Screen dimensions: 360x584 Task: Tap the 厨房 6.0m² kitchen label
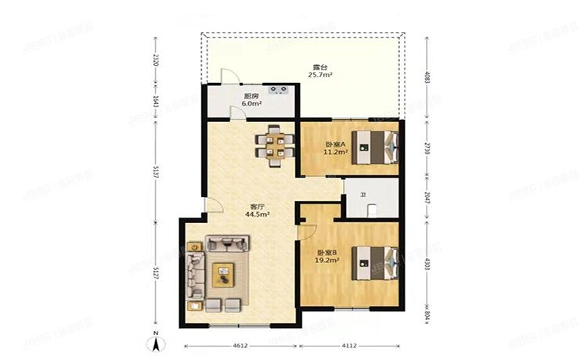(251, 98)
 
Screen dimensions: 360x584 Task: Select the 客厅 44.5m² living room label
(257, 209)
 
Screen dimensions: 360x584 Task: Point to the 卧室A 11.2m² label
(334, 148)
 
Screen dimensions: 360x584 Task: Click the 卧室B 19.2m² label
(327, 256)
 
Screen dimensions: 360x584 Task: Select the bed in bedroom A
(375, 147)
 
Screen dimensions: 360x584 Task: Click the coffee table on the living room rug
(225, 272)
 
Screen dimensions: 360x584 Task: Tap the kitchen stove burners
(280, 88)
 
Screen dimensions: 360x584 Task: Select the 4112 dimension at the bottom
(350, 345)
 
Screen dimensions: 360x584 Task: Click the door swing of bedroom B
(306, 232)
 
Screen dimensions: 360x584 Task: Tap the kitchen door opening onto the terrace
(228, 77)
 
